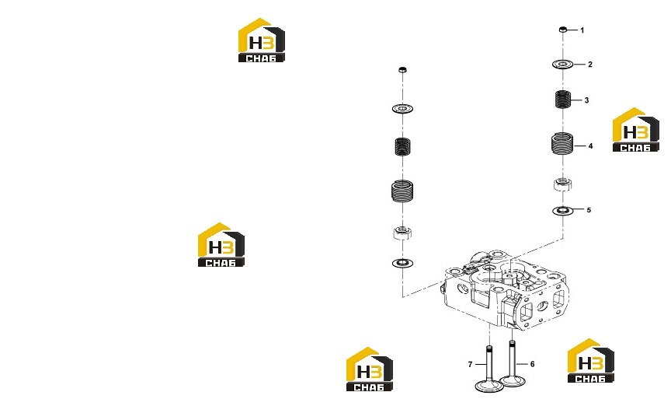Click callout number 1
click(x=582, y=30)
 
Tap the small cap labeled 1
click(x=563, y=30)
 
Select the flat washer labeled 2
click(x=563, y=65)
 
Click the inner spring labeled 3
click(x=563, y=100)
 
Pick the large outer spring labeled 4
click(x=562, y=144)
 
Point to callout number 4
click(x=590, y=146)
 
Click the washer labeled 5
click(x=563, y=211)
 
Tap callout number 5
click(x=589, y=210)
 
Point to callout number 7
click(x=470, y=365)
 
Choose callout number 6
click(x=532, y=364)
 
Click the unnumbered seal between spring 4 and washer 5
click(x=563, y=184)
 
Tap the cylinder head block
click(x=505, y=292)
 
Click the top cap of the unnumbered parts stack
click(x=402, y=70)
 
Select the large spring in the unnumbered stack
click(x=402, y=191)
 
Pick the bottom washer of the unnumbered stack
click(x=402, y=263)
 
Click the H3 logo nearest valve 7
click(x=370, y=369)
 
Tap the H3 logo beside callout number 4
click(x=635, y=130)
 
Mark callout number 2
click(x=590, y=65)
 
